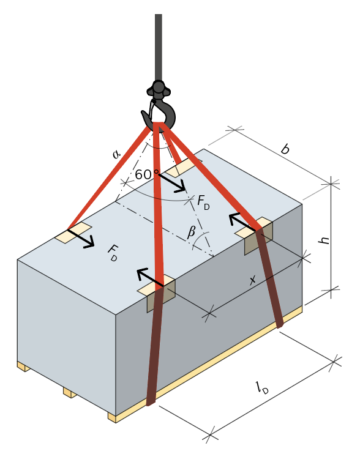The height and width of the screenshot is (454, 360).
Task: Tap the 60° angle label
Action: coord(147,174)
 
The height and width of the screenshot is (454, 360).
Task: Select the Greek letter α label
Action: coord(116,154)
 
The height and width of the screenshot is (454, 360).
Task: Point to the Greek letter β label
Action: coord(192,232)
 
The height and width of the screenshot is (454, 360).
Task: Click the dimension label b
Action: coord(285,149)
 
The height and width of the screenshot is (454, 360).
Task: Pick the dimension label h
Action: coord(324,240)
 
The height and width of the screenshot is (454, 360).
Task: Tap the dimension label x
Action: coord(252,280)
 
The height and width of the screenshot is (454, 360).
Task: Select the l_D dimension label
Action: coord(263,388)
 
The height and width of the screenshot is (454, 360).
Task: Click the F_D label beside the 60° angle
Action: coord(203,202)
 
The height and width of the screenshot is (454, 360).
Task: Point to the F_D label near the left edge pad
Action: coord(113,253)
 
